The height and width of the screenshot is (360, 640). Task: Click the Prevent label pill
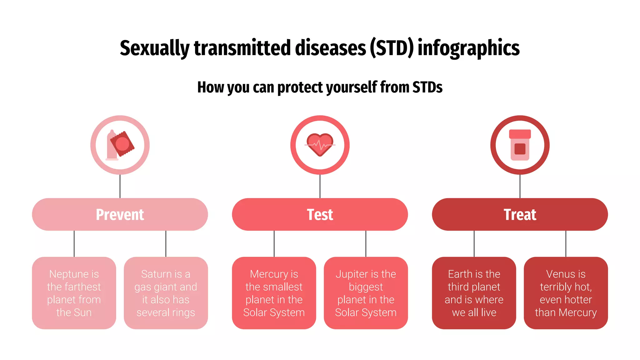pos(120,214)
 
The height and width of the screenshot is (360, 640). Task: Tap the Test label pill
pos(320,214)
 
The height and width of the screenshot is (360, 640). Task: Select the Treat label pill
pos(520,214)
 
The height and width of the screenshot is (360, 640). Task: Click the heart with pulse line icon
pos(320,145)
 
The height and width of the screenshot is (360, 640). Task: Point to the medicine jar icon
pos(520,145)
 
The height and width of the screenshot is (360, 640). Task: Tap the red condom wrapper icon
pos(122,144)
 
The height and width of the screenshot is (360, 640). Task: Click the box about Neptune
pos(74,293)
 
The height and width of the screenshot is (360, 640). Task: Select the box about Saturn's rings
pos(166,293)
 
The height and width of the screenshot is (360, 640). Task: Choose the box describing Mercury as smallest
pos(274,293)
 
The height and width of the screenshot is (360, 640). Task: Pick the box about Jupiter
pos(366,293)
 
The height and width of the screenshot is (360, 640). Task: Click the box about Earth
pos(474,293)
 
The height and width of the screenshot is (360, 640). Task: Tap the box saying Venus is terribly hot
pos(566,293)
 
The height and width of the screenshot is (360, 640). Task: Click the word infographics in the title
pos(468,48)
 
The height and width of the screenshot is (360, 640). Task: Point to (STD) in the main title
pos(392,48)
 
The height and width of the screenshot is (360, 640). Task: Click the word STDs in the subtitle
pos(427,87)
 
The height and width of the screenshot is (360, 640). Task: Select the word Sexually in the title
pos(155,48)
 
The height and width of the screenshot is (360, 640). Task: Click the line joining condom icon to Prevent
pos(120,186)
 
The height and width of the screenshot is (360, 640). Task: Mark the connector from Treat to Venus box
pos(566,244)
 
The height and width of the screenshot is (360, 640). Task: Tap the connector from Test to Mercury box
pos(274,244)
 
